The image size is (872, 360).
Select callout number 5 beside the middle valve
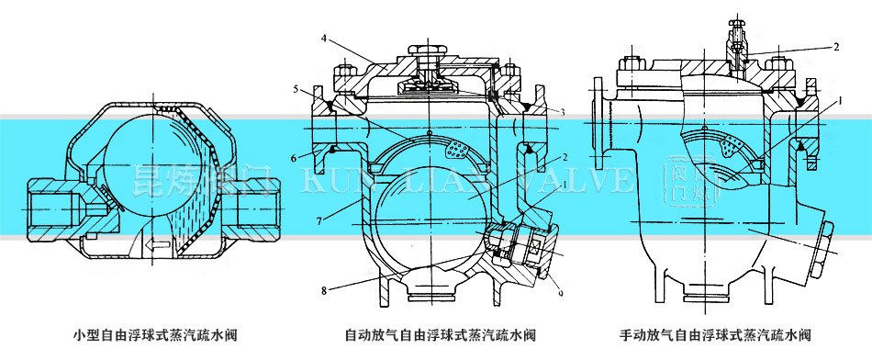point(296,89)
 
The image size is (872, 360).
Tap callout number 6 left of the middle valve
point(296,158)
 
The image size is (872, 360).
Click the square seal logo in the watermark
point(677,181)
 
